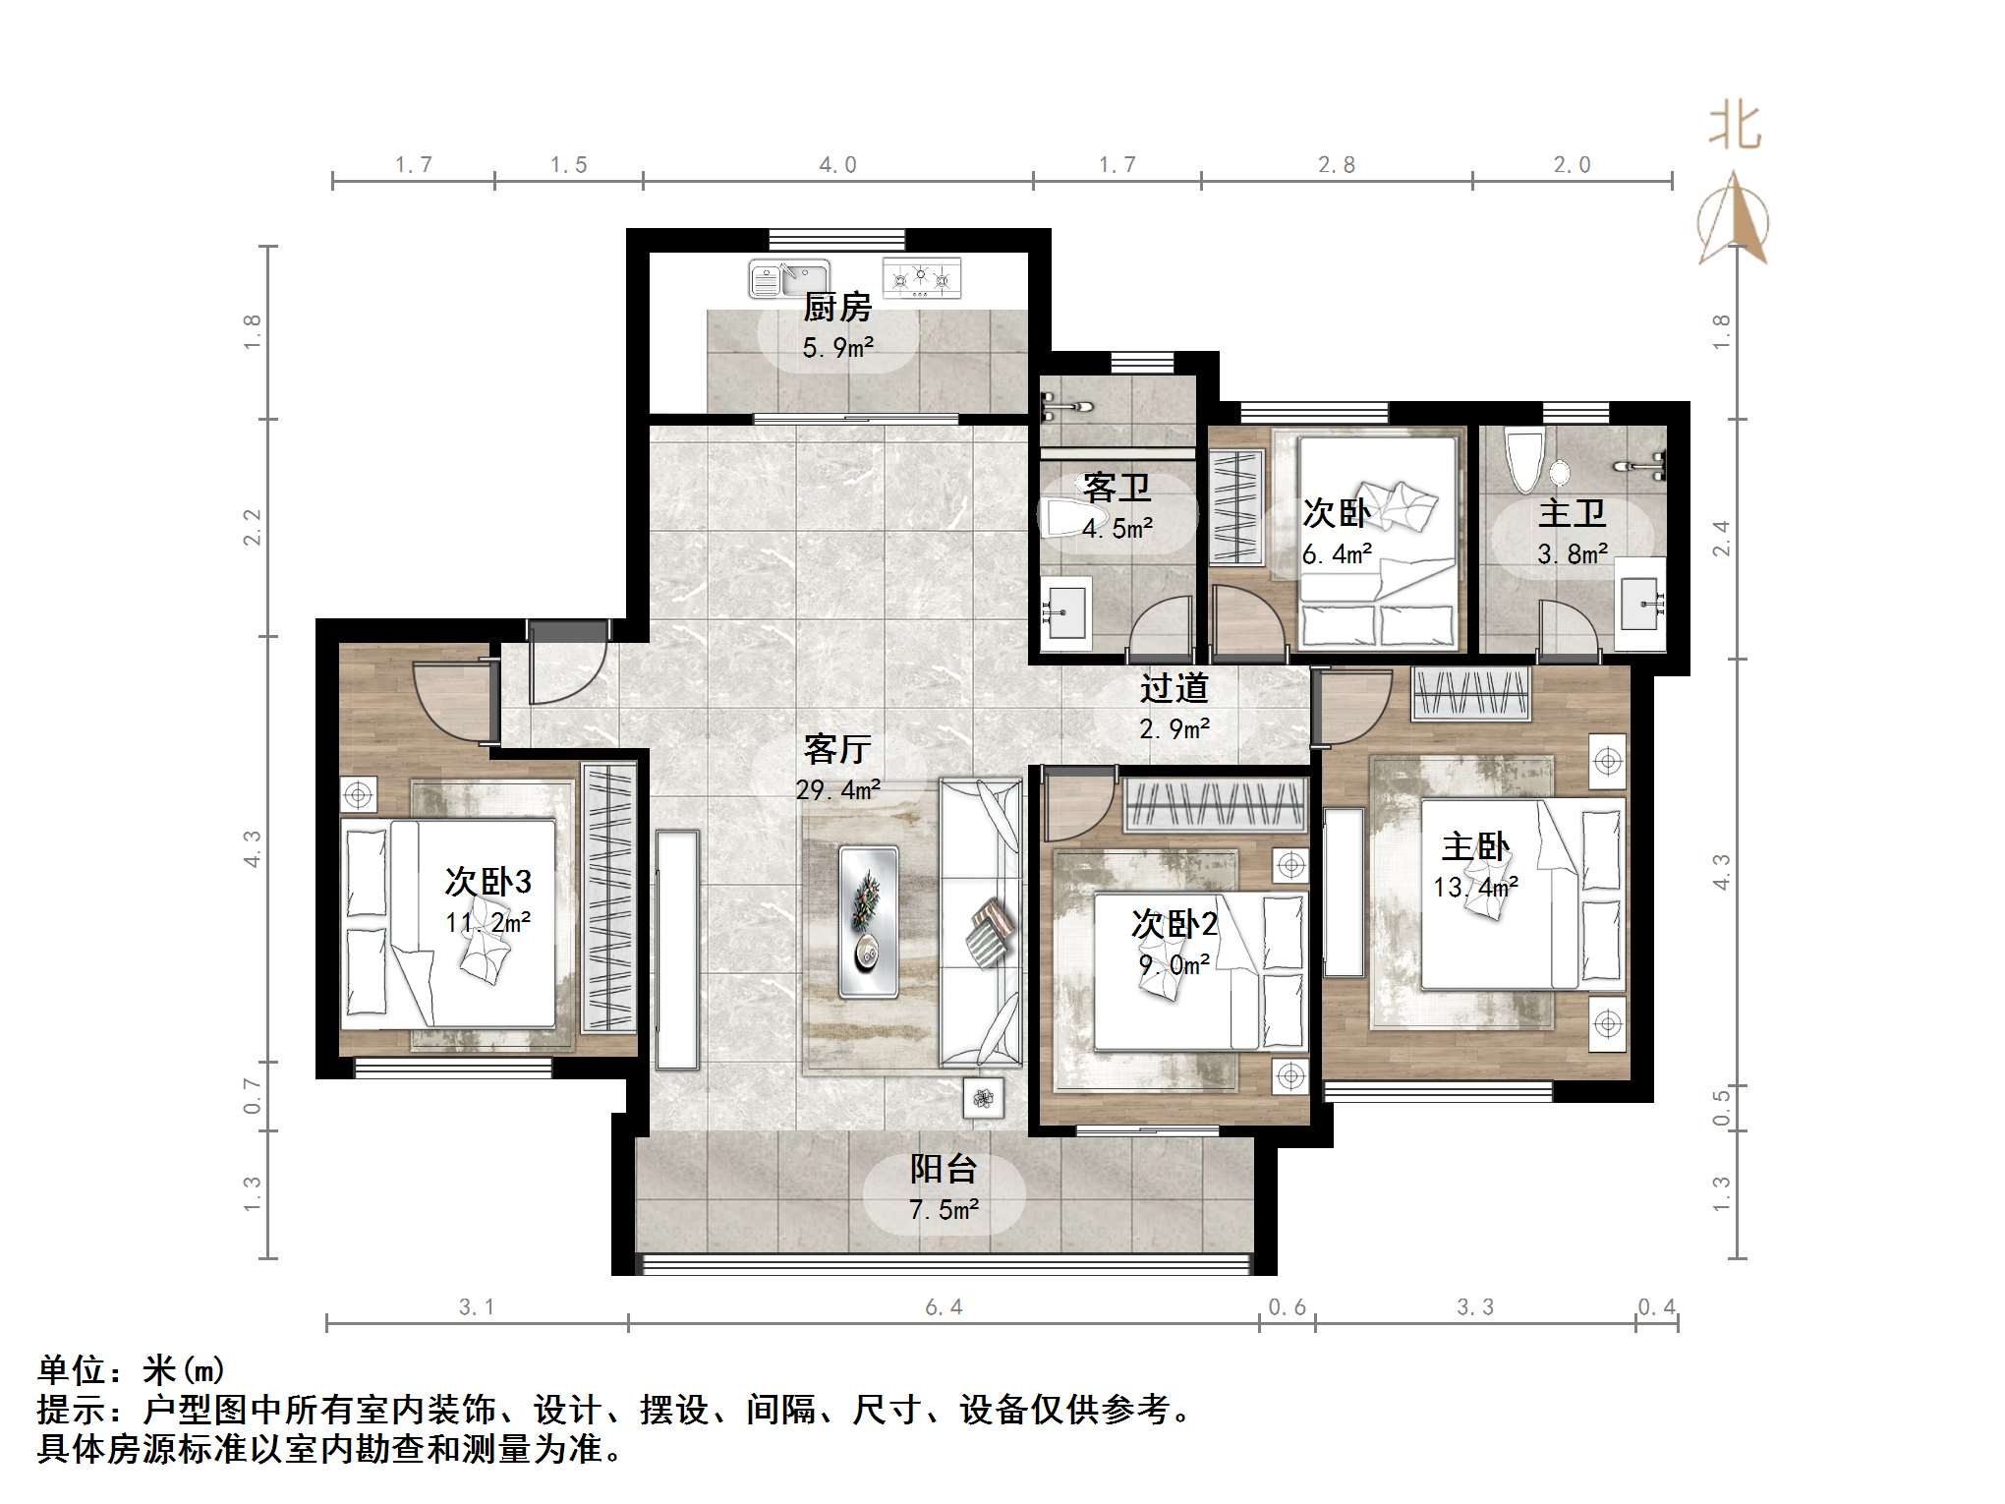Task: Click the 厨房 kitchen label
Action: (837, 309)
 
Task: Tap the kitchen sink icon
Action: (788, 278)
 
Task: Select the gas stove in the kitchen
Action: (921, 278)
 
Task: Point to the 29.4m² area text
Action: (837, 789)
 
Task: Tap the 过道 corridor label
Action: (1174, 688)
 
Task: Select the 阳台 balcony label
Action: (943, 1169)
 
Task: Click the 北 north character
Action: (1735, 128)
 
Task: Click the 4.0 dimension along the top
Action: (837, 165)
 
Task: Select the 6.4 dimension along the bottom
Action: (943, 1307)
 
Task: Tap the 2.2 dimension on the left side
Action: (253, 527)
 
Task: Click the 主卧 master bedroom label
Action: (1475, 846)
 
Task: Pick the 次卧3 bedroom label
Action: (488, 882)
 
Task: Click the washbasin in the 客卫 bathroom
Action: (1064, 613)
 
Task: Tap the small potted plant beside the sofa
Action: (984, 1098)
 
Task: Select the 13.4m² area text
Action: (1475, 887)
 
